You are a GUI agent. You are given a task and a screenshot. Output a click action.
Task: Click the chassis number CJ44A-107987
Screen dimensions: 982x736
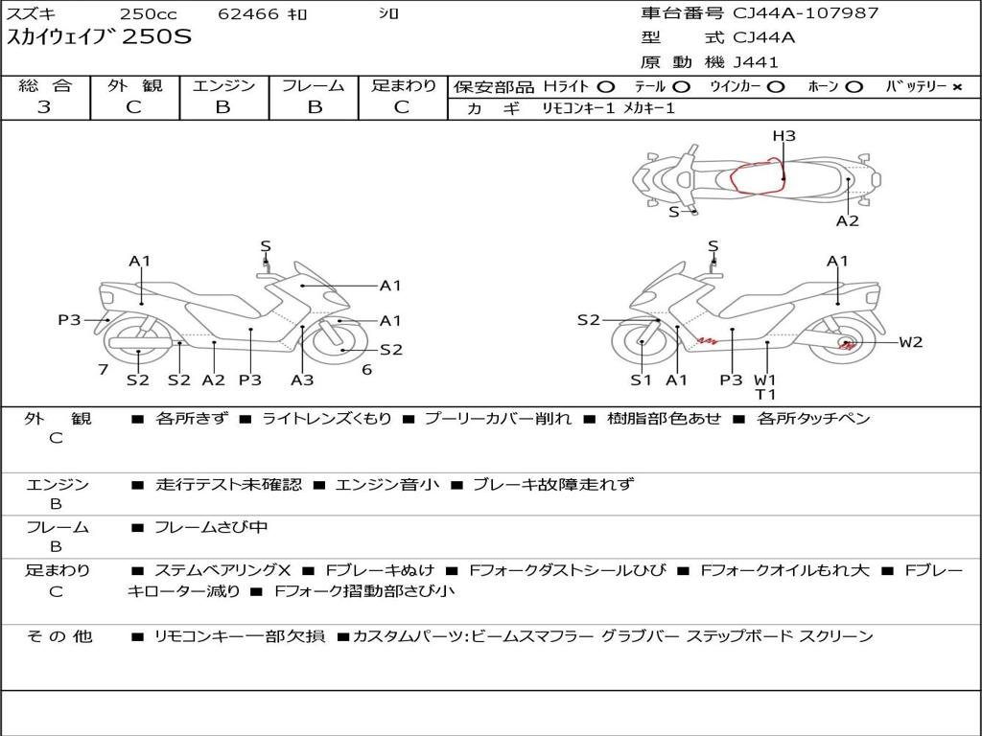pyautogui.click(x=806, y=13)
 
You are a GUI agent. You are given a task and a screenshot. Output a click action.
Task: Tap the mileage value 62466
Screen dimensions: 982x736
pyautogui.click(x=248, y=13)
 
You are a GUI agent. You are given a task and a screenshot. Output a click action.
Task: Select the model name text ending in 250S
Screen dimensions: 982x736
pyautogui.click(x=99, y=37)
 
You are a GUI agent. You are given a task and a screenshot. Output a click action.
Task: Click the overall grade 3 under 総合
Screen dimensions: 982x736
pyautogui.click(x=44, y=107)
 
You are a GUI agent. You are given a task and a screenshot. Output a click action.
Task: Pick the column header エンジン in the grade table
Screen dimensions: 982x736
pyautogui.click(x=223, y=85)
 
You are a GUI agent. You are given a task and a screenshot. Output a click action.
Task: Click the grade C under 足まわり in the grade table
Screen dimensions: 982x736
pyautogui.click(x=402, y=107)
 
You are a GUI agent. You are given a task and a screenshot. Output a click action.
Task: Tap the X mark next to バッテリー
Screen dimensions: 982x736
pyautogui.click(x=957, y=87)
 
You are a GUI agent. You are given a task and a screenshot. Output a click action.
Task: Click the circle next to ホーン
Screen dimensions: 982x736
pyautogui.click(x=853, y=87)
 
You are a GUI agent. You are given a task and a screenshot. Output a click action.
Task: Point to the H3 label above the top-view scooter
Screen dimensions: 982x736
pyautogui.click(x=783, y=136)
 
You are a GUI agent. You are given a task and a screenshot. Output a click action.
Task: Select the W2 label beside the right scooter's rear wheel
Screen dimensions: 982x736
pyautogui.click(x=911, y=342)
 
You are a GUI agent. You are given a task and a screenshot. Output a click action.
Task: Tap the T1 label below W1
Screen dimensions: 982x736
pyautogui.click(x=765, y=394)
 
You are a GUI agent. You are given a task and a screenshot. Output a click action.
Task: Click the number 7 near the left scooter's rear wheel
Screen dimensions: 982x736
pyautogui.click(x=104, y=369)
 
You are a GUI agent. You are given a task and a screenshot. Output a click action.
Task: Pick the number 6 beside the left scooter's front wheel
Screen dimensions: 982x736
pyautogui.click(x=367, y=369)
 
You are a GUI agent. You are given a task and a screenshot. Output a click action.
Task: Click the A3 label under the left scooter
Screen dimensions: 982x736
pyautogui.click(x=302, y=379)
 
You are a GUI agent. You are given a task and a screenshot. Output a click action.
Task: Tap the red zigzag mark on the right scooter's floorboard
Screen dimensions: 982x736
pyautogui.click(x=708, y=341)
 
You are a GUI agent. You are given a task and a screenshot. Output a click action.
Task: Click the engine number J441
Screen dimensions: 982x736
pyautogui.click(x=756, y=62)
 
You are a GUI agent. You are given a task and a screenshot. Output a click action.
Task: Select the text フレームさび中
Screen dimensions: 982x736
pyautogui.click(x=211, y=528)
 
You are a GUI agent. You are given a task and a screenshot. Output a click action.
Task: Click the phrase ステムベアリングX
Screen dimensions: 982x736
pyautogui.click(x=222, y=570)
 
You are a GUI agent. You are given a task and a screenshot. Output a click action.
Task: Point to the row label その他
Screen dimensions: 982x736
pyautogui.click(x=59, y=636)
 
